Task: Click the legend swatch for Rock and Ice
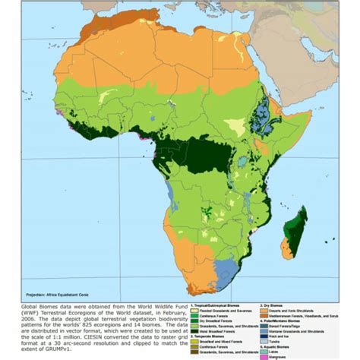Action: click(264, 336)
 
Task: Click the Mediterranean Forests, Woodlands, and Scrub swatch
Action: click(264, 315)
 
